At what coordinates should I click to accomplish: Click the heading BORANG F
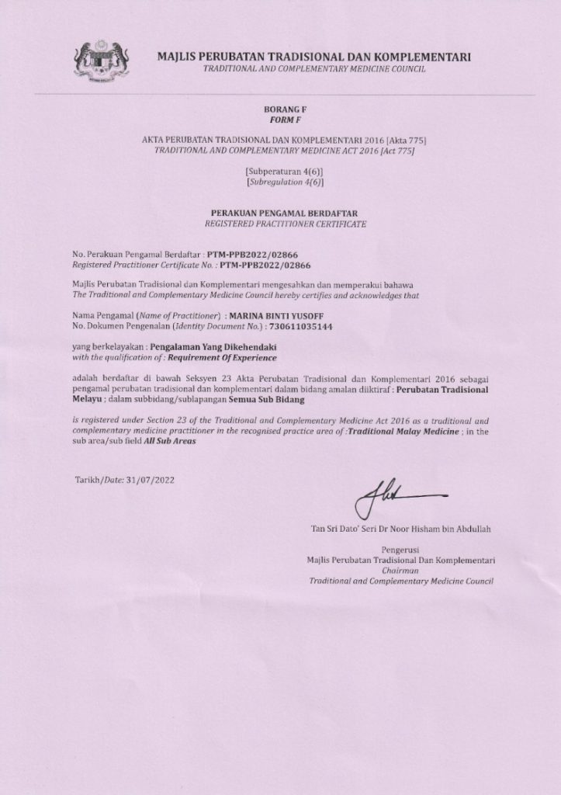tap(280, 111)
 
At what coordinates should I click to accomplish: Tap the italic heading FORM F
tap(280, 121)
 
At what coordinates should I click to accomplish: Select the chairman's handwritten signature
tap(397, 496)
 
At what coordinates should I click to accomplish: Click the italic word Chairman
tap(401, 570)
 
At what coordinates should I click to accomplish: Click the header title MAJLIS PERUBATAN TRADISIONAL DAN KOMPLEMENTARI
tap(313, 57)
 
